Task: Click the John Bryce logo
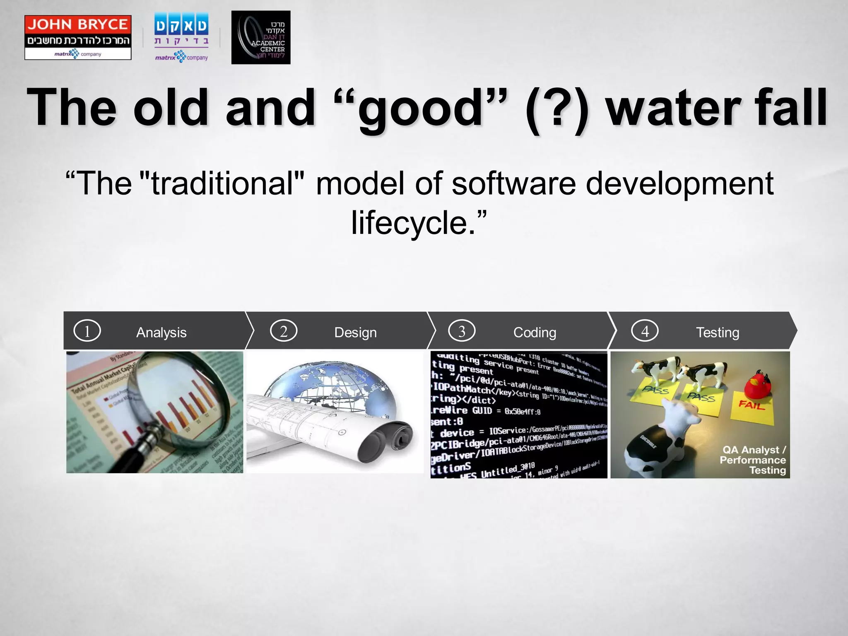click(78, 37)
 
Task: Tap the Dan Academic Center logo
click(260, 37)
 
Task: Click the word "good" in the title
click(420, 108)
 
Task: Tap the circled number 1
click(87, 331)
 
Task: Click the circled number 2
click(284, 331)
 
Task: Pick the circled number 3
click(462, 331)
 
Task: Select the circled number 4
click(645, 331)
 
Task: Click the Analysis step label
click(161, 332)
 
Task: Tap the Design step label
click(355, 332)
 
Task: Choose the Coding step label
click(535, 332)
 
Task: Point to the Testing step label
click(717, 332)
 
